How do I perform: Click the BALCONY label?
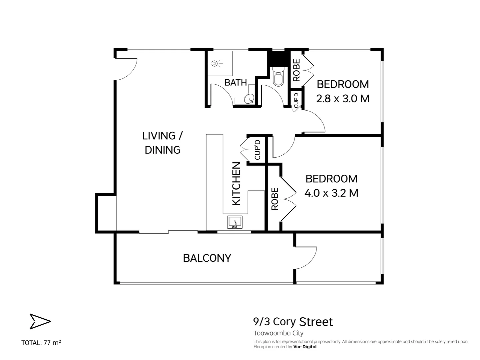[x=207, y=258]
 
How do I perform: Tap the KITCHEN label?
[x=236, y=184]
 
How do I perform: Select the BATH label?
[x=236, y=83]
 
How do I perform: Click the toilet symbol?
[x=278, y=76]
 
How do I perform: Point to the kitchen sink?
[x=235, y=222]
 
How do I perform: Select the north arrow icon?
[x=40, y=321]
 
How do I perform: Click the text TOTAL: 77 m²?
[x=41, y=342]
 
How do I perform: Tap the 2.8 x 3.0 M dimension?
[x=343, y=99]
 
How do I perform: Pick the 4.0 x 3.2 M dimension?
[x=331, y=193]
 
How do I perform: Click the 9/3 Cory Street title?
[x=293, y=322]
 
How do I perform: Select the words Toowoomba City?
[x=278, y=333]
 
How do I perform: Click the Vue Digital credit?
[x=305, y=347]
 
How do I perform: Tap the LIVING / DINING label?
[x=163, y=143]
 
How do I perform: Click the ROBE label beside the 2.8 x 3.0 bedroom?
[x=296, y=70]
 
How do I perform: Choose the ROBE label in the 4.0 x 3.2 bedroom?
[x=275, y=199]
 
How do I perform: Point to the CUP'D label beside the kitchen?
[x=257, y=150]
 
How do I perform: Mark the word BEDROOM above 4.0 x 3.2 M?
[x=331, y=179]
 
